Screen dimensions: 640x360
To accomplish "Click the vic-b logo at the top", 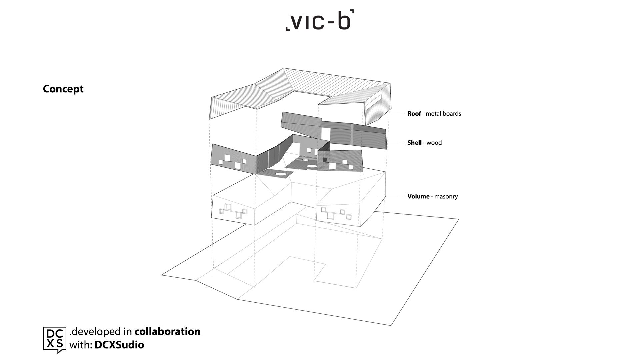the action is pyautogui.click(x=320, y=20).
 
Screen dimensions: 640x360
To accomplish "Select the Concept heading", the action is pyautogui.click(x=63, y=89).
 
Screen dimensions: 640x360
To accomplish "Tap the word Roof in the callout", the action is pyautogui.click(x=414, y=114).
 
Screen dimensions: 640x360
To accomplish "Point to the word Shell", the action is pyautogui.click(x=414, y=143).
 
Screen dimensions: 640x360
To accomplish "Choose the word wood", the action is pyautogui.click(x=434, y=143).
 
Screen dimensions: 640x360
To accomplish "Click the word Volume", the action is pyautogui.click(x=418, y=196).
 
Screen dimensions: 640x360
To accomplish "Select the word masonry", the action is pyautogui.click(x=446, y=197).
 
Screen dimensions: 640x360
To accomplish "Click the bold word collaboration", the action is pyautogui.click(x=167, y=331).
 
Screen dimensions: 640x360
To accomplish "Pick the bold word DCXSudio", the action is pyautogui.click(x=119, y=345).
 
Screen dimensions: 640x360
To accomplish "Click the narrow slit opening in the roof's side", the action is pyautogui.click(x=374, y=101).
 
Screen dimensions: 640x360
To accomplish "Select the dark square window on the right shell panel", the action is pyautogui.click(x=325, y=160).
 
